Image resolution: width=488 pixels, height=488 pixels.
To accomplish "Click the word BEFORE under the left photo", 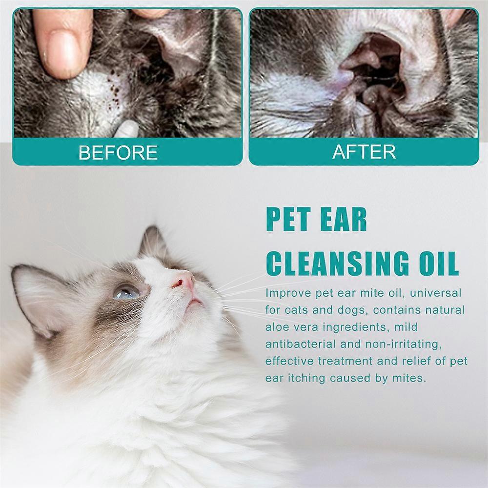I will pyautogui.click(x=118, y=153).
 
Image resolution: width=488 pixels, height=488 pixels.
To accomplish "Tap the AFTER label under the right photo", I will pyautogui.click(x=364, y=152).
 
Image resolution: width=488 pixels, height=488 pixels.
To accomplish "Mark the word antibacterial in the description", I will pyautogui.click(x=301, y=344).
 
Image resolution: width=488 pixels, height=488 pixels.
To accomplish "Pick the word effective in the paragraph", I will pyautogui.click(x=289, y=361).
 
